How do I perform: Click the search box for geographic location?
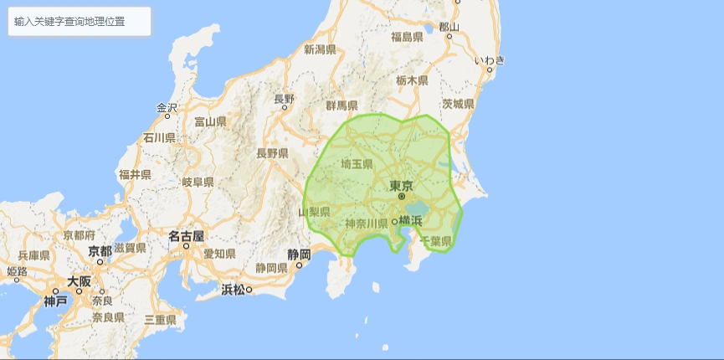tap(80, 22)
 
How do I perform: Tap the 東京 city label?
tap(401, 185)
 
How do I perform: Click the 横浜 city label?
tap(410, 220)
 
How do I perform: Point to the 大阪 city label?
tap(80, 281)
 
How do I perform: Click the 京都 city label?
tap(100, 250)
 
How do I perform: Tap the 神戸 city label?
tap(56, 301)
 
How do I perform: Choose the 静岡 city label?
tap(299, 254)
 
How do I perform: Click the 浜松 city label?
tap(233, 290)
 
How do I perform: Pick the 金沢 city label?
tap(167, 108)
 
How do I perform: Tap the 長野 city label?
tap(285, 98)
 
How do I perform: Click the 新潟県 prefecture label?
tap(320, 49)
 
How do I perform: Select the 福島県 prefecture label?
tap(418, 37)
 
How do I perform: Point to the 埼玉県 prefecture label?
tap(357, 164)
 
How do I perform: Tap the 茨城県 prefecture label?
tap(458, 104)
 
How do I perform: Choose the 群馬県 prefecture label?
tap(341, 105)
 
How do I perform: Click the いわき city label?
tap(490, 59)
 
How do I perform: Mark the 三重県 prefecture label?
tap(160, 319)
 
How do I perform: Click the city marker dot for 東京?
tap(401, 196)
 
